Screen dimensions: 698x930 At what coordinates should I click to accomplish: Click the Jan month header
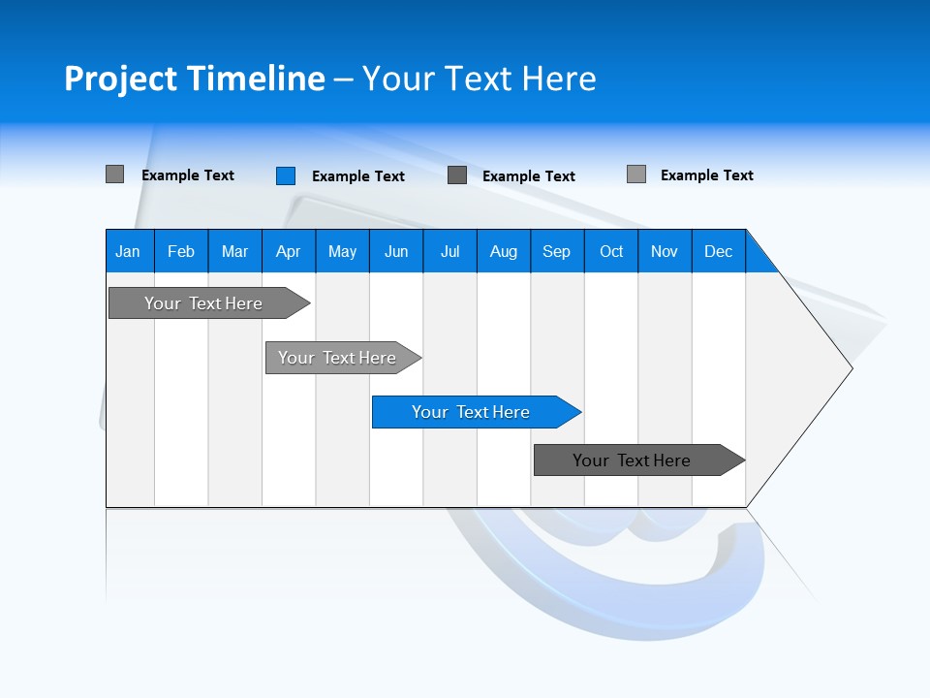tap(128, 251)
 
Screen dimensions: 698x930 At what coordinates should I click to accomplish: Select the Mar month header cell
tap(234, 251)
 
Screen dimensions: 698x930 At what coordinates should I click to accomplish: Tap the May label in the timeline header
tap(342, 251)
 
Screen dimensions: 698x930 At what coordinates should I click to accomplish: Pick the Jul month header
tap(449, 251)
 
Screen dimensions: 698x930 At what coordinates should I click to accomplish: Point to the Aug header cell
tap(503, 251)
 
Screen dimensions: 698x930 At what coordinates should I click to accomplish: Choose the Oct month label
tap(611, 251)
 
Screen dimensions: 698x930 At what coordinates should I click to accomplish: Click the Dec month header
tap(718, 251)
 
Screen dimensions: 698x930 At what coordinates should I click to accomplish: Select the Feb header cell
tap(181, 251)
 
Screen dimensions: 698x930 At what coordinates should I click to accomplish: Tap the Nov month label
tap(665, 251)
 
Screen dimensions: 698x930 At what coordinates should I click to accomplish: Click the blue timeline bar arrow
tap(476, 412)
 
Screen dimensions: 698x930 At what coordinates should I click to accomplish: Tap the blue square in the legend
tap(286, 175)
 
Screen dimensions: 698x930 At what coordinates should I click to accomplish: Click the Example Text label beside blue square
tap(358, 176)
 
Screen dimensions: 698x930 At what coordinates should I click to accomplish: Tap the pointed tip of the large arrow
tap(849, 367)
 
